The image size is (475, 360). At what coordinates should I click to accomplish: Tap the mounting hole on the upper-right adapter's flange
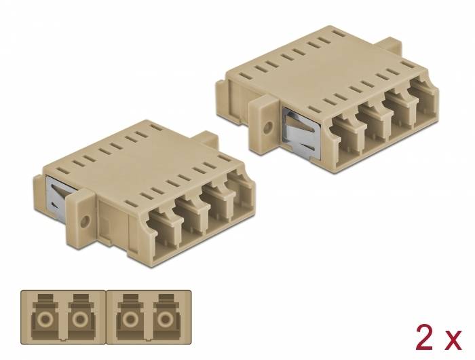(x=266, y=126)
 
